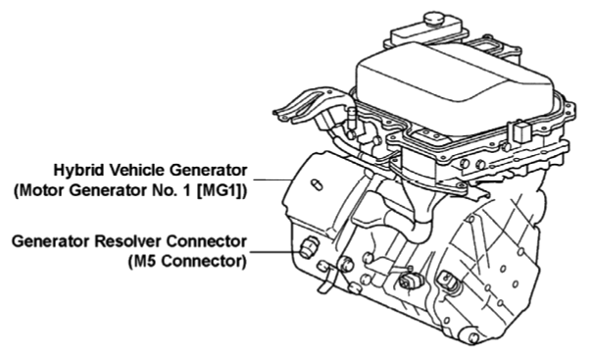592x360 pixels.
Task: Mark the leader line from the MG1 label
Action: coord(272,180)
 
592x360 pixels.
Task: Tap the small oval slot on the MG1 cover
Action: coord(317,184)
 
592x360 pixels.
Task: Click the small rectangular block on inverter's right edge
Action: coord(520,132)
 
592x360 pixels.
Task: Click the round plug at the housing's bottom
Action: coord(471,337)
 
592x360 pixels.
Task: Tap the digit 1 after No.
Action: coord(187,190)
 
